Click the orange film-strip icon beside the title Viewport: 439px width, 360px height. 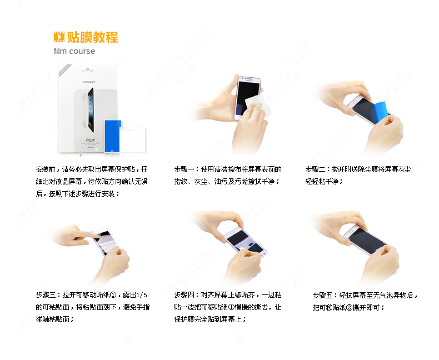[59, 37]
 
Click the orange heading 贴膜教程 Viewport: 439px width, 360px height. [93, 37]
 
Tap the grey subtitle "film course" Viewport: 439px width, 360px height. [74, 51]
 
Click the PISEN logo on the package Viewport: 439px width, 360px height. [89, 82]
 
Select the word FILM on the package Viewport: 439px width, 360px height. [90, 140]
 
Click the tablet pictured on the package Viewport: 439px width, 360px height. [91, 110]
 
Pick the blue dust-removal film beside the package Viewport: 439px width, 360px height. [113, 136]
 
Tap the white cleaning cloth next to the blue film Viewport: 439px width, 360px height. [133, 139]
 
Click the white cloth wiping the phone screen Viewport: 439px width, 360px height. [258, 105]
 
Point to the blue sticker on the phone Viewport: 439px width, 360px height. [380, 112]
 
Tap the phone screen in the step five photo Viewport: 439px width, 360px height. [366, 240]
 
